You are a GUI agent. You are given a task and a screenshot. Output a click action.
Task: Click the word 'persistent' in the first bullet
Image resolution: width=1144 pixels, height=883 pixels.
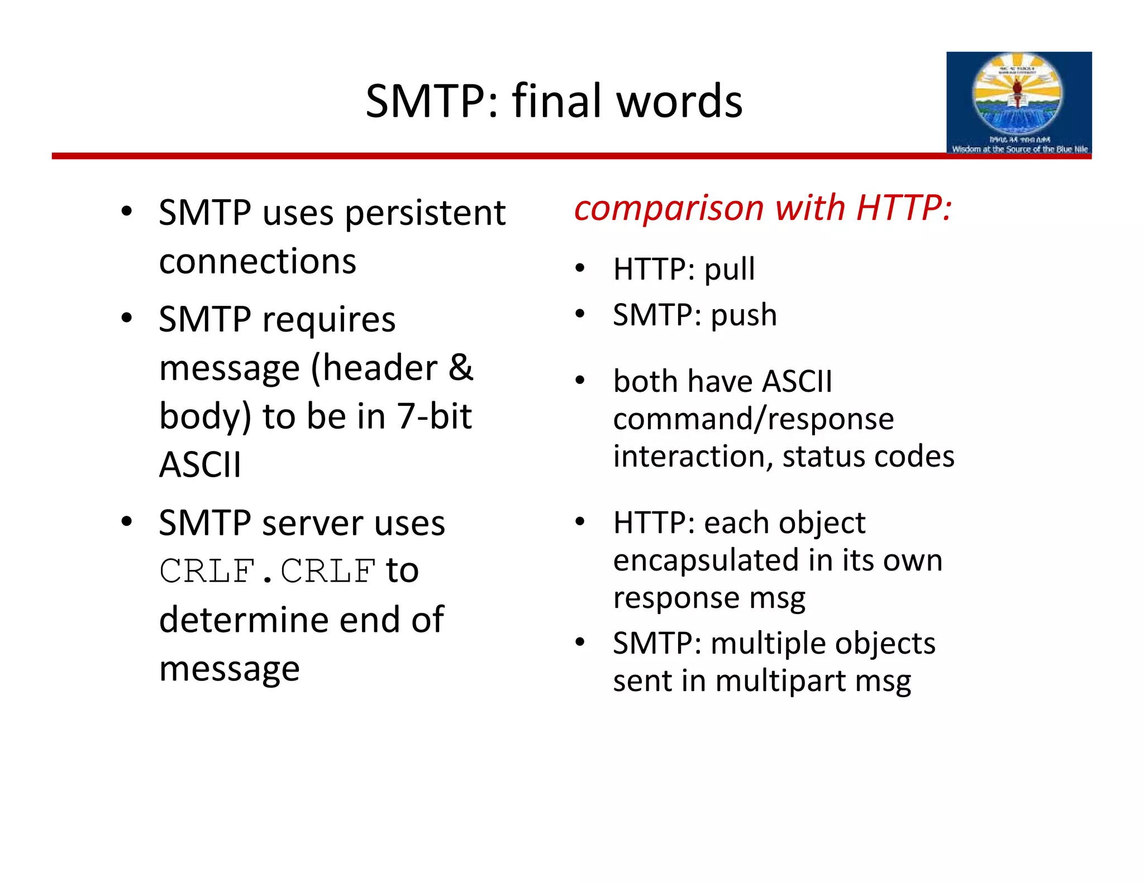tap(425, 214)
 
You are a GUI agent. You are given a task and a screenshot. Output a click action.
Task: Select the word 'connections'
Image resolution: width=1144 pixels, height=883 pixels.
tap(258, 262)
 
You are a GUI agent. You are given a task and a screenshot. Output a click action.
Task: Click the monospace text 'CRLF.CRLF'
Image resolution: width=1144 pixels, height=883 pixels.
tap(267, 571)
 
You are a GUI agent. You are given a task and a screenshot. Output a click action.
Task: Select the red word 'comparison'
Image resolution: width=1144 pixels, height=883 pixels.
tap(669, 209)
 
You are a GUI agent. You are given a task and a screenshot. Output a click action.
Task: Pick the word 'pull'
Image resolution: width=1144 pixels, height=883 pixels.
tap(729, 270)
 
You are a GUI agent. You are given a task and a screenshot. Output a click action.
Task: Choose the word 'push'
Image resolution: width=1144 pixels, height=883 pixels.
tap(743, 316)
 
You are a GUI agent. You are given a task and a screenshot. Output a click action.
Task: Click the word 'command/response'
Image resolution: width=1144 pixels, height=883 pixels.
tap(753, 420)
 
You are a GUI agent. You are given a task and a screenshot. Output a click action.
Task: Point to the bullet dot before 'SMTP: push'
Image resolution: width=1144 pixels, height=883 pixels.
tap(580, 314)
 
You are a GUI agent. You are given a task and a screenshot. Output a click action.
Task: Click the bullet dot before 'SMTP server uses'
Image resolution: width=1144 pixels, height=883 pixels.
tap(127, 521)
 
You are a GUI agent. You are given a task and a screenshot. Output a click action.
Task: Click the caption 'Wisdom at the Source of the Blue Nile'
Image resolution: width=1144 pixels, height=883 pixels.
tap(1019, 149)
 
